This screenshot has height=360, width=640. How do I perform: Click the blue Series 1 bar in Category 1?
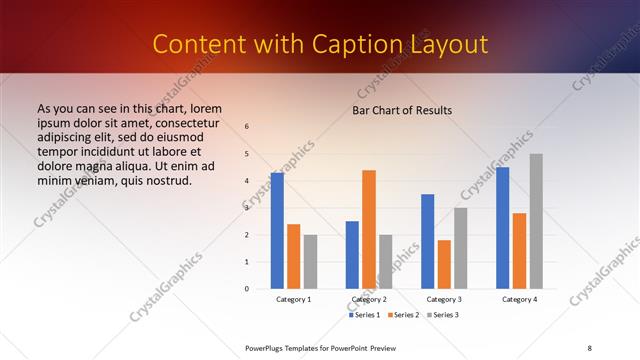[x=277, y=231]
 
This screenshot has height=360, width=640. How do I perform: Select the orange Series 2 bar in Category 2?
[x=369, y=229]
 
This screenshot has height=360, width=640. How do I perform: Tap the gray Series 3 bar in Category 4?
[x=536, y=221]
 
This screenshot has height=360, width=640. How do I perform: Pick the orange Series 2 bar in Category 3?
[x=444, y=264]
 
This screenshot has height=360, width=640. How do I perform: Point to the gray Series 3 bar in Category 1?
[x=310, y=262]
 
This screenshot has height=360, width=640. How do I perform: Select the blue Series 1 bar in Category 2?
[x=352, y=255]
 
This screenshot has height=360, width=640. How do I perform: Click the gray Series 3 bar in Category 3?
[x=461, y=248]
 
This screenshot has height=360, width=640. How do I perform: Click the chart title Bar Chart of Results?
[x=402, y=110]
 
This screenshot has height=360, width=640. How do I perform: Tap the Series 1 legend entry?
[x=365, y=315]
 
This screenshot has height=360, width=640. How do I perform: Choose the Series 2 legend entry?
[x=403, y=315]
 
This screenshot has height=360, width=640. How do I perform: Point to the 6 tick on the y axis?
[x=247, y=127]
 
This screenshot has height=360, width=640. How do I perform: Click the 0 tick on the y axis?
[x=247, y=289]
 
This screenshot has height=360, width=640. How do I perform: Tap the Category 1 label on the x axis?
[x=294, y=299]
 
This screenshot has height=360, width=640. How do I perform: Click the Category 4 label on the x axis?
[x=519, y=299]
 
